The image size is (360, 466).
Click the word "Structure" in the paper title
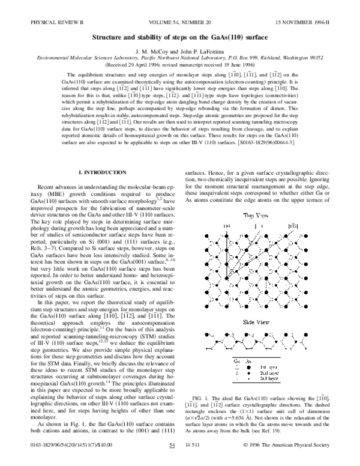pos(110,37)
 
